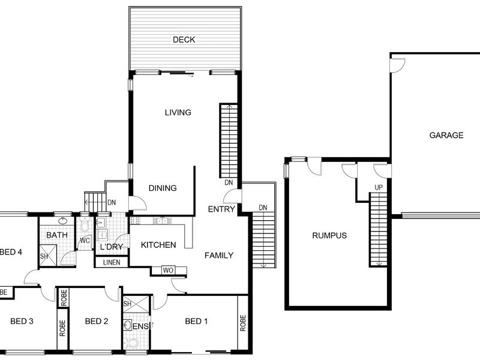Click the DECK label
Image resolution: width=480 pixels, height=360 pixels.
point(184,40)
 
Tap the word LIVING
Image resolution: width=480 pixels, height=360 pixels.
point(178,112)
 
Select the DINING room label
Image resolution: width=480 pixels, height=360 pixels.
point(163,188)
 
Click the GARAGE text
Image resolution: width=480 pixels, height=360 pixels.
point(446,135)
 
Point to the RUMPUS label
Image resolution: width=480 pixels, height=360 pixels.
point(329,235)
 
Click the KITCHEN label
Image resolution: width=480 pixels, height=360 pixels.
point(158,245)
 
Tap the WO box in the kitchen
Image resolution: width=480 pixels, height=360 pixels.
point(168,271)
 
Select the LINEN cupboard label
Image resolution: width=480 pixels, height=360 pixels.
point(112,262)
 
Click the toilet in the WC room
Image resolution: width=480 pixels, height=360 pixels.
point(84,226)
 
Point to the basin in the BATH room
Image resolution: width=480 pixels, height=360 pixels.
point(63,220)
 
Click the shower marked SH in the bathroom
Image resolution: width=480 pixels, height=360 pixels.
point(48,255)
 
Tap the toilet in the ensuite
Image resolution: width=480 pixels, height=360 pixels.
point(131,343)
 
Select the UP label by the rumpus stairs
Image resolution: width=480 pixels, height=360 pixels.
point(379,187)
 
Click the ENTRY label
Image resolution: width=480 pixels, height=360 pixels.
point(221,209)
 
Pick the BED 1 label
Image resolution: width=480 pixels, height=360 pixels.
point(196,321)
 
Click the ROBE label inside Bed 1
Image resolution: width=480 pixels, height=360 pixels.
point(243,323)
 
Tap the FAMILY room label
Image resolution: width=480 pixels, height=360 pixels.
point(219,256)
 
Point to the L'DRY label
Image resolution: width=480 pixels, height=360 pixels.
point(112,247)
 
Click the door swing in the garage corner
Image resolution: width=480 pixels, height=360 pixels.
point(397,65)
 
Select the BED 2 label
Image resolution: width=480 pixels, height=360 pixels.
point(97,321)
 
